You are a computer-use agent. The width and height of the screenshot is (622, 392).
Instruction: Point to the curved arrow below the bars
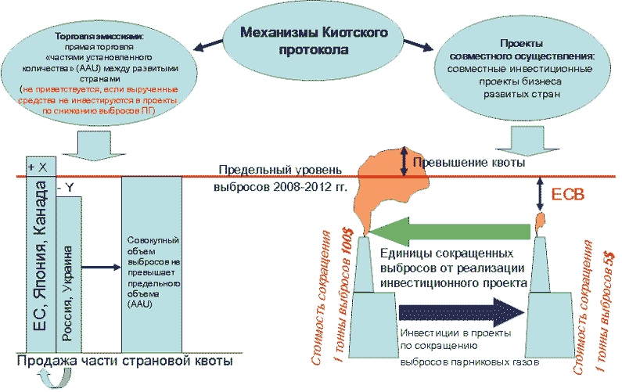point(54,381)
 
